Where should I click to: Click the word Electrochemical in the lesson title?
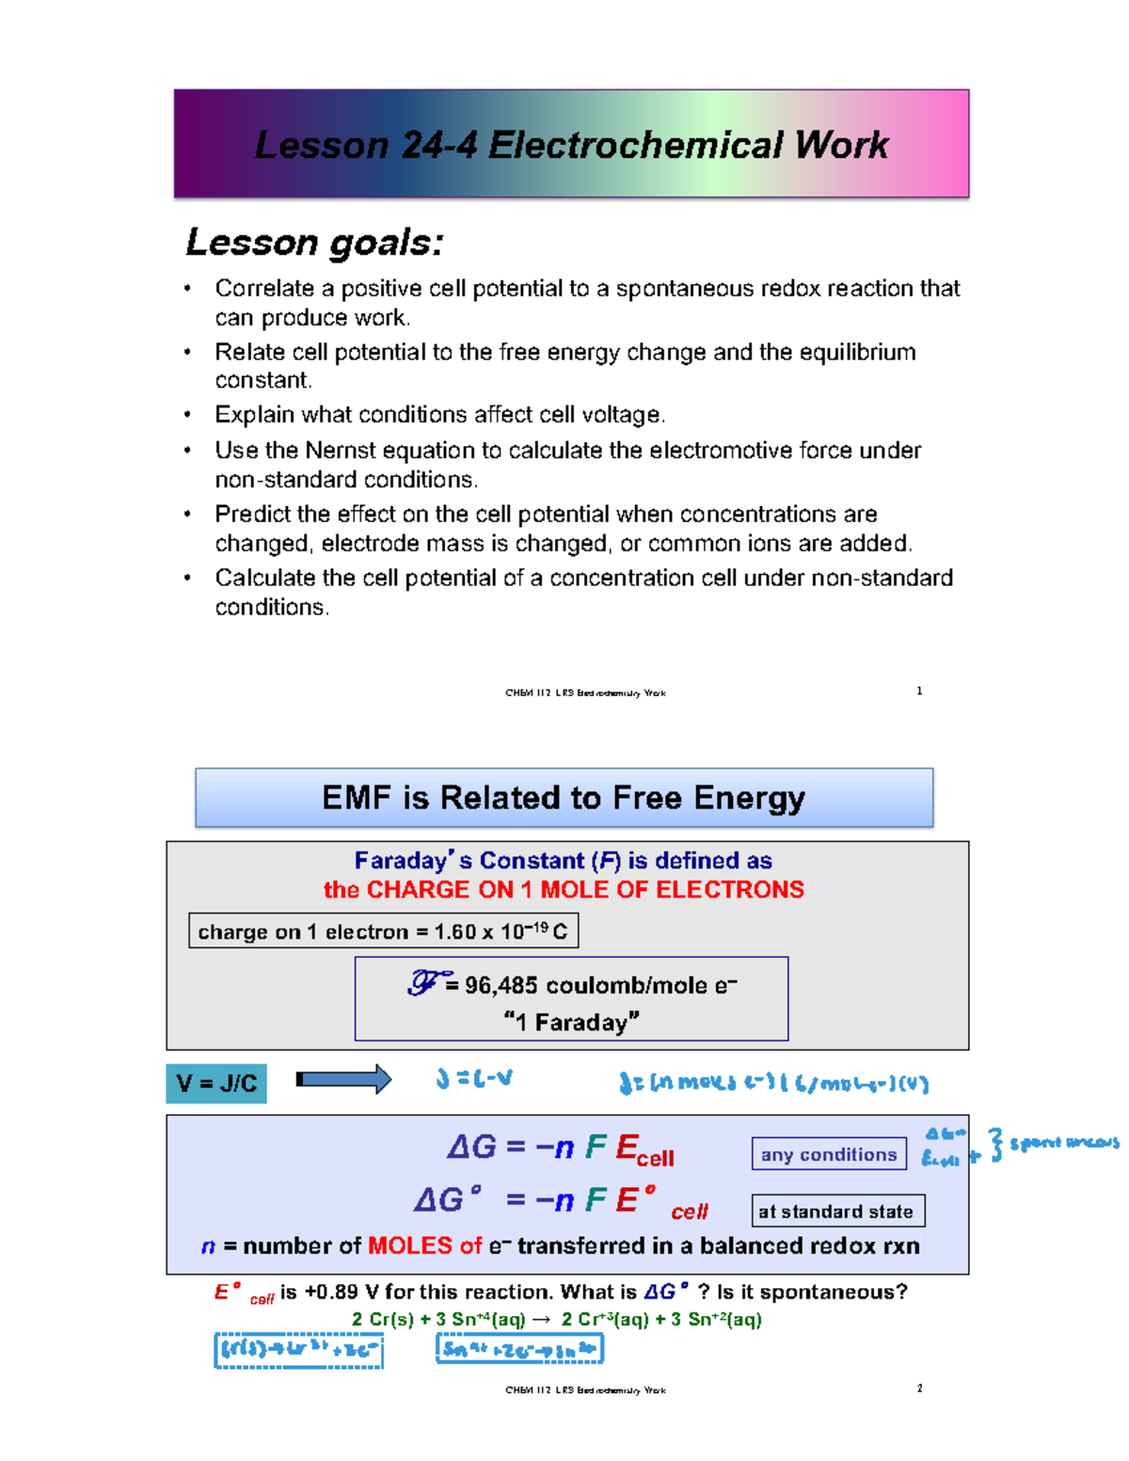click(637, 146)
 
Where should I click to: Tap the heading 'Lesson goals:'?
click(314, 243)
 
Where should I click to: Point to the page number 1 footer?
click(919, 691)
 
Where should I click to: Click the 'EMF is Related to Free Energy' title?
click(564, 798)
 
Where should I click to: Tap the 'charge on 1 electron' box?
click(383, 931)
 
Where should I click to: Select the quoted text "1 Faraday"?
click(571, 1023)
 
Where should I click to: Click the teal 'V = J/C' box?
click(216, 1084)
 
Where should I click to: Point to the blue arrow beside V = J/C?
click(343, 1080)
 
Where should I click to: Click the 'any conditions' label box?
click(828, 1154)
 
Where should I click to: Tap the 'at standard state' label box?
click(837, 1212)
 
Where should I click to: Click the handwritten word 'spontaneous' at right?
click(1064, 1143)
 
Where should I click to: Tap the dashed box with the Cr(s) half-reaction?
click(298, 1350)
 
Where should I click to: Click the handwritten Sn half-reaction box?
click(519, 1349)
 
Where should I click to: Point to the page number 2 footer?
click(919, 1389)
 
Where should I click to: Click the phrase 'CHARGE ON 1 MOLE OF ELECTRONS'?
click(585, 890)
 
